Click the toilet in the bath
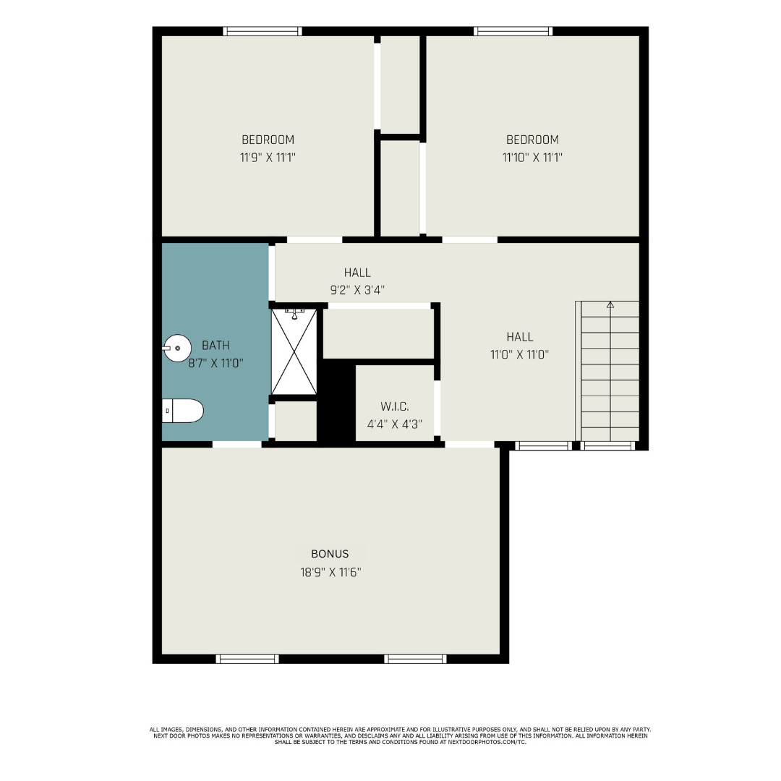(x=183, y=411)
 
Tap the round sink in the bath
(x=176, y=348)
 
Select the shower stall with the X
(x=294, y=352)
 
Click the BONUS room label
(x=330, y=554)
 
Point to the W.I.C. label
(x=394, y=406)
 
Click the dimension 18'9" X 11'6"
(x=330, y=572)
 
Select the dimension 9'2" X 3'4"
(x=357, y=289)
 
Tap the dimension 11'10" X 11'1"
(x=532, y=157)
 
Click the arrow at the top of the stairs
(x=610, y=305)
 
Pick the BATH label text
(x=215, y=345)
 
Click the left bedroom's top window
(x=263, y=31)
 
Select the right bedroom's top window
(x=513, y=31)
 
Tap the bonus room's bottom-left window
(x=248, y=658)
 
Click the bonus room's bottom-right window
(x=415, y=658)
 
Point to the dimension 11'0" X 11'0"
(x=520, y=354)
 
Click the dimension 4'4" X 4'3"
(x=394, y=424)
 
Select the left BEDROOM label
(x=268, y=140)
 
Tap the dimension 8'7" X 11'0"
(x=215, y=363)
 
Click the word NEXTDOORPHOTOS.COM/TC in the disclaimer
(x=486, y=742)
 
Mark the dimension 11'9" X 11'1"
(x=268, y=157)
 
